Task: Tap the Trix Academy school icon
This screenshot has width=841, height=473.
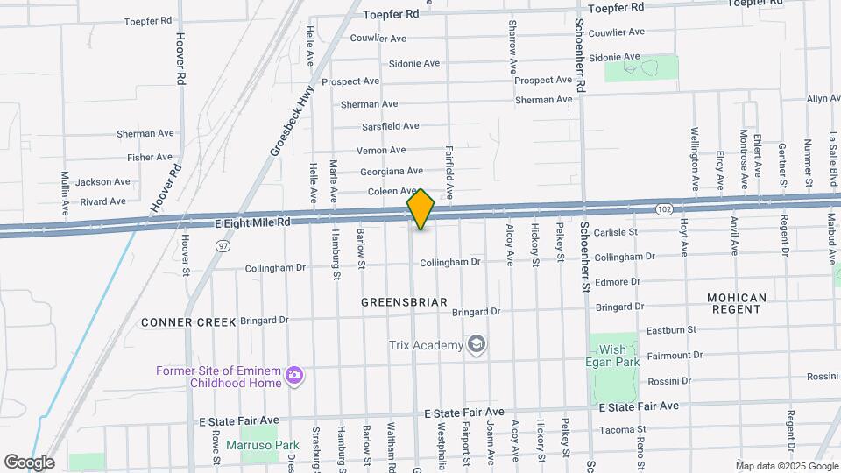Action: tap(477, 345)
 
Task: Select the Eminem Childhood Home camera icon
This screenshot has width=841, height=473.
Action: tap(294, 376)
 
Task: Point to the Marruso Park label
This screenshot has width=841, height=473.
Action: tap(263, 446)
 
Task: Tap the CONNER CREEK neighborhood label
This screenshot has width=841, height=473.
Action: tap(188, 322)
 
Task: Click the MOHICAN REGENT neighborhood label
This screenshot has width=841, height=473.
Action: tap(737, 304)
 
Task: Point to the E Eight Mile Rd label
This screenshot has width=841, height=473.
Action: tap(252, 223)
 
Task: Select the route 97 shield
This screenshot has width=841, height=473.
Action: tap(223, 247)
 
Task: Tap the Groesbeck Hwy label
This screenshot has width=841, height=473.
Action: tap(281, 126)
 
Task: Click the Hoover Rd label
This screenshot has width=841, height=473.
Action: tap(181, 59)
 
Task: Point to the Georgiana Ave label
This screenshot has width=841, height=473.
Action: tap(390, 171)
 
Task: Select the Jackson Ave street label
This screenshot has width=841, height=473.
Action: tap(102, 182)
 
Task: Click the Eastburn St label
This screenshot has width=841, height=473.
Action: tap(670, 330)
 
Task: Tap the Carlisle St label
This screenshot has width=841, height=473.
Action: tap(619, 232)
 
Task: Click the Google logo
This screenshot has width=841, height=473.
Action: tap(28, 462)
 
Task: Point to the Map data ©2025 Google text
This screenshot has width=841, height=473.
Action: tap(786, 466)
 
